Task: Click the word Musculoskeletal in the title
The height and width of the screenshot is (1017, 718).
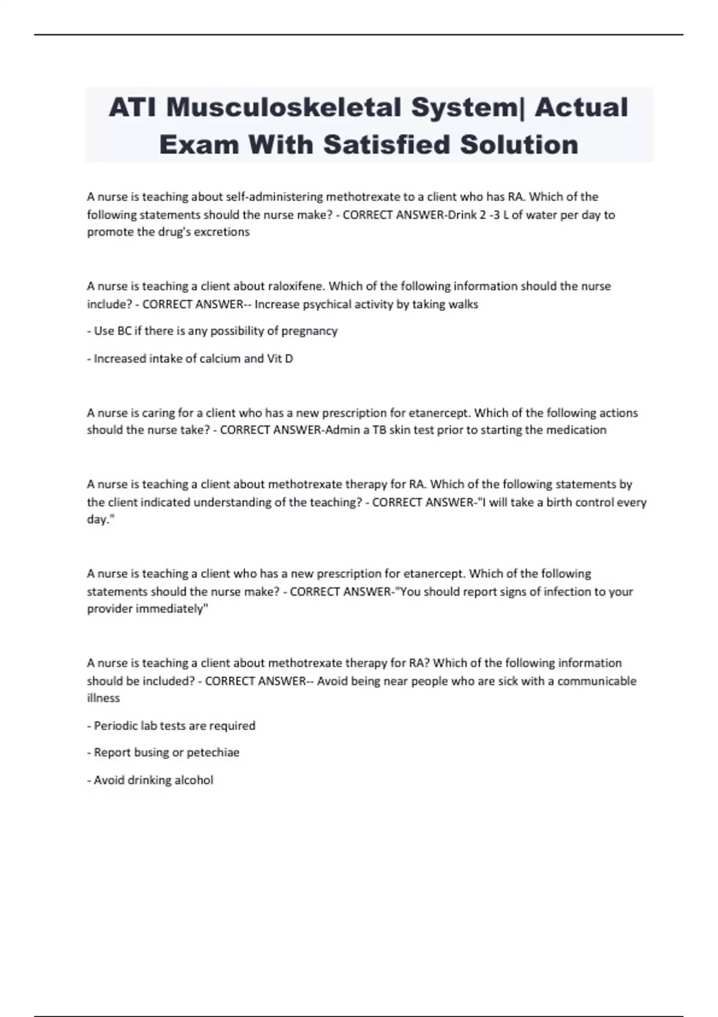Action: click(283, 108)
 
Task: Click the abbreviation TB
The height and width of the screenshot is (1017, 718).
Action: click(379, 430)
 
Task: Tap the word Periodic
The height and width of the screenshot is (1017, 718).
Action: click(115, 726)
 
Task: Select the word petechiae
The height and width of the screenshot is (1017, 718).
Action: click(213, 753)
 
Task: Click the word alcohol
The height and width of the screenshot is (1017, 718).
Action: click(194, 780)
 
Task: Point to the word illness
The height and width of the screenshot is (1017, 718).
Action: click(104, 698)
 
